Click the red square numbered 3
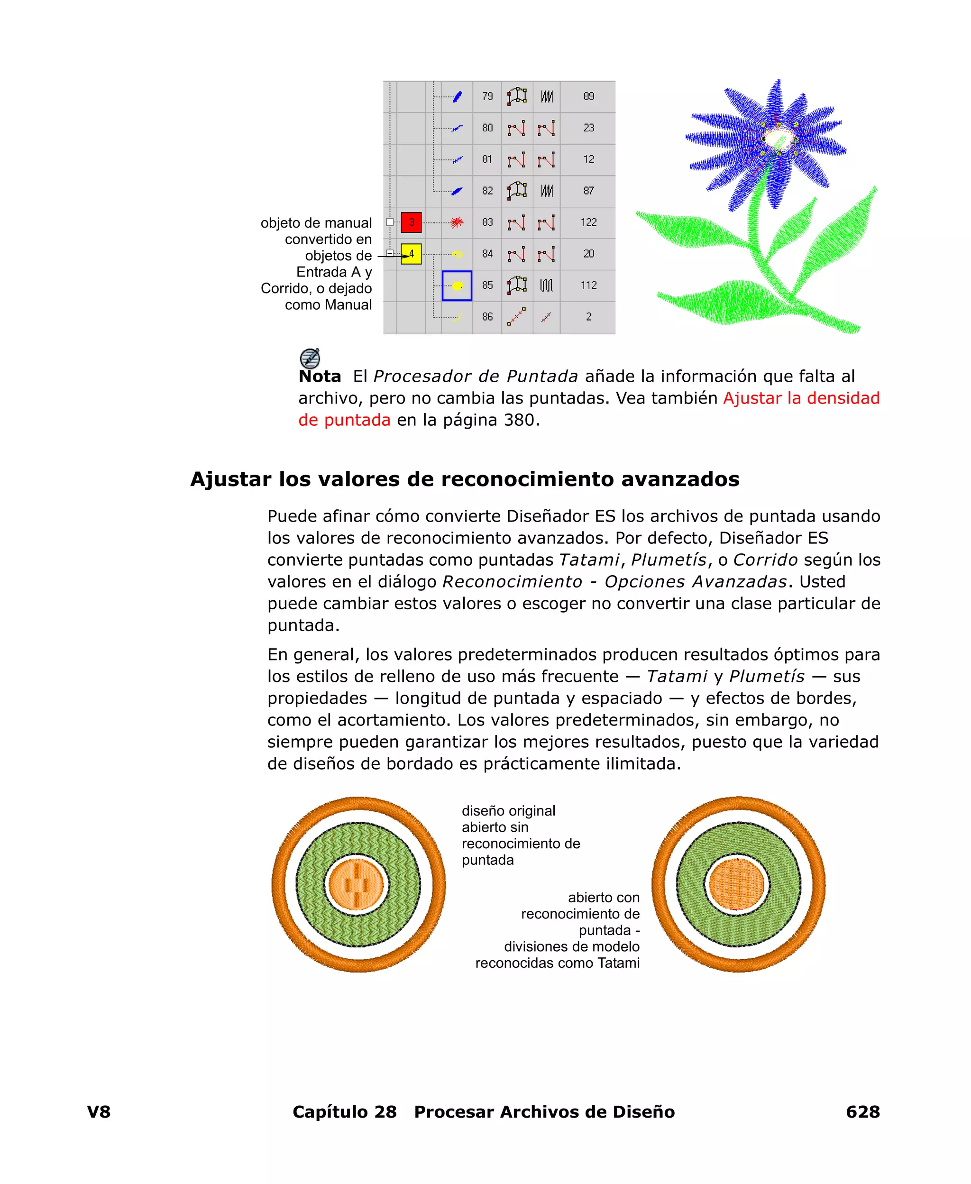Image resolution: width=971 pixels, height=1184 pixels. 411,222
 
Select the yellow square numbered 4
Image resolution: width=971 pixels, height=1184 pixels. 411,254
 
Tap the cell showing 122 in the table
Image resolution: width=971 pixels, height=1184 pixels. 588,222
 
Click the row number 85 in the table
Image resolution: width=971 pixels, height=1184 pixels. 487,285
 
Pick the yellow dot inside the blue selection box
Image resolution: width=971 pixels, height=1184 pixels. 457,286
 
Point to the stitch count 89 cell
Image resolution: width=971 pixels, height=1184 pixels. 588,96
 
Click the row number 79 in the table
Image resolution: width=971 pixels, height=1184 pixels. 487,96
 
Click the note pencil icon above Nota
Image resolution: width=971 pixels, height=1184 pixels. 310,358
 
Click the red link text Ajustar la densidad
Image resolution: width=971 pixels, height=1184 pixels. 801,398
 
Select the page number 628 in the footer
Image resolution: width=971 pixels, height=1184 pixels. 862,1111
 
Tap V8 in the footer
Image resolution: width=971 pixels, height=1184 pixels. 99,1111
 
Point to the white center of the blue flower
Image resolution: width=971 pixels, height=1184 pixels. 779,138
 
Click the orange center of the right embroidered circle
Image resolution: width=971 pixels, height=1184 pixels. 737,885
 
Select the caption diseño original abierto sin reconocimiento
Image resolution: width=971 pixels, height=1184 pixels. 520,835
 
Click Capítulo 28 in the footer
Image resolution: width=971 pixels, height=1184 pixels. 345,1111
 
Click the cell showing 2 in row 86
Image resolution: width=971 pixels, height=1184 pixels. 588,317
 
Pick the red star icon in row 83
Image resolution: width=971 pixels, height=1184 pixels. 457,222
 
